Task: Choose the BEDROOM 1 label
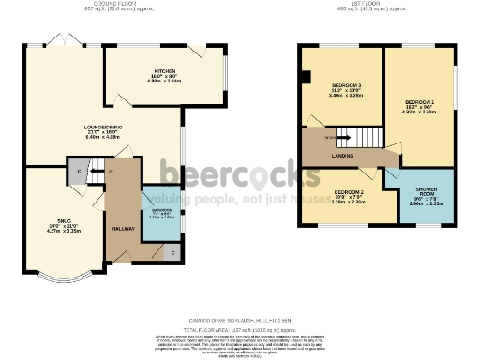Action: point(419,99)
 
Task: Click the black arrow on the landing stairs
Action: point(331,138)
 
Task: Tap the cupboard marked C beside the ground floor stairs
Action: point(77,171)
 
